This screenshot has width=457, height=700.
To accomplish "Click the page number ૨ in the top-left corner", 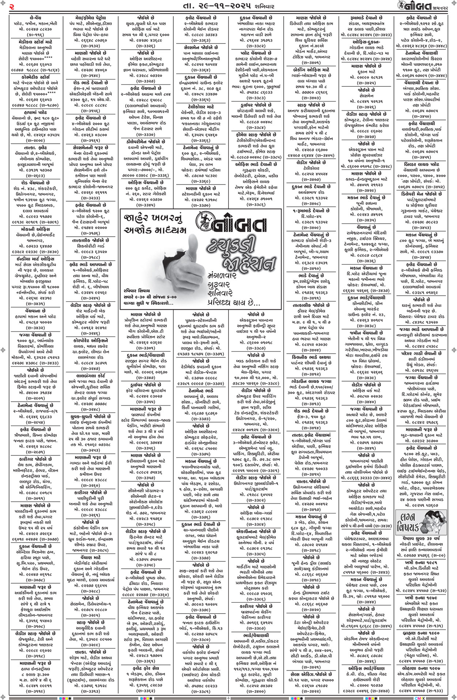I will [x=12, y=7].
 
